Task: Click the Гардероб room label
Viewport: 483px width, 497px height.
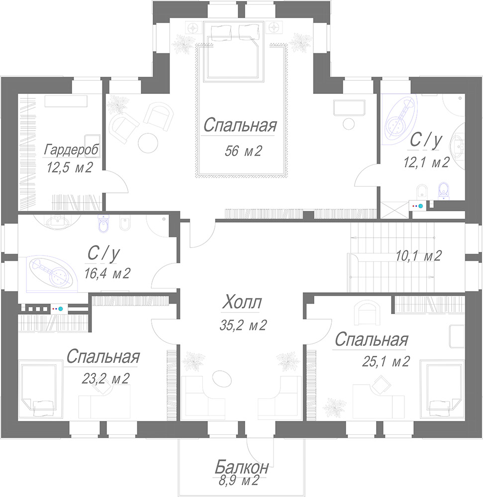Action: [x=71, y=150]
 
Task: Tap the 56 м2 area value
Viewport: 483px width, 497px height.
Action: [x=243, y=151]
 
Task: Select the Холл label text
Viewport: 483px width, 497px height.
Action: [x=242, y=302]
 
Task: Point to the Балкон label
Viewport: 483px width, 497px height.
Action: [x=242, y=467]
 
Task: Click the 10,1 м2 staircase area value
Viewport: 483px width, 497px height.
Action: [x=419, y=255]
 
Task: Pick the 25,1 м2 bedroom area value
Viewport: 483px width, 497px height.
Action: [x=386, y=361]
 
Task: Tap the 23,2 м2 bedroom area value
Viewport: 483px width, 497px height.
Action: [x=105, y=378]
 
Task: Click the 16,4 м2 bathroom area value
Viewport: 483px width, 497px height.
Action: [x=107, y=273]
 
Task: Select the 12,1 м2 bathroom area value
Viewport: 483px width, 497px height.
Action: [x=427, y=163]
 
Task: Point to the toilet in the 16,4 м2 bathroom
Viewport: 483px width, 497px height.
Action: [x=103, y=223]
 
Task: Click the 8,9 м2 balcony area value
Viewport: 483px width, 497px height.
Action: [x=239, y=481]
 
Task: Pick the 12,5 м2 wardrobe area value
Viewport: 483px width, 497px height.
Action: [x=70, y=167]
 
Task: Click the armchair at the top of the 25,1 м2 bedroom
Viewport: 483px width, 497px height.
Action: [x=367, y=313]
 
